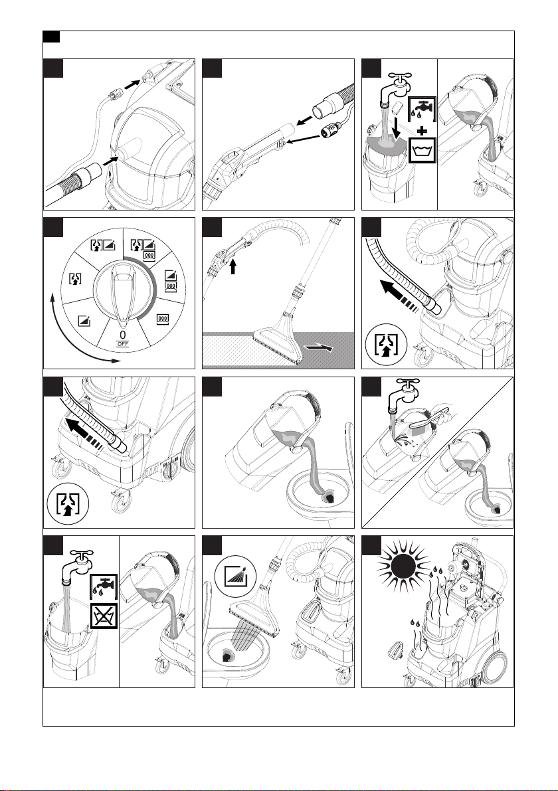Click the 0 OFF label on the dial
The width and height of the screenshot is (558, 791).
click(x=123, y=338)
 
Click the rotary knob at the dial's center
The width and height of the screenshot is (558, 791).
click(x=122, y=293)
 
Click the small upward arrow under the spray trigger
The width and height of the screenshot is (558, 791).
click(x=232, y=266)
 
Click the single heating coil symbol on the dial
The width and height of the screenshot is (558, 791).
click(x=162, y=319)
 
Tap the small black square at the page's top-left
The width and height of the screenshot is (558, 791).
click(x=51, y=37)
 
